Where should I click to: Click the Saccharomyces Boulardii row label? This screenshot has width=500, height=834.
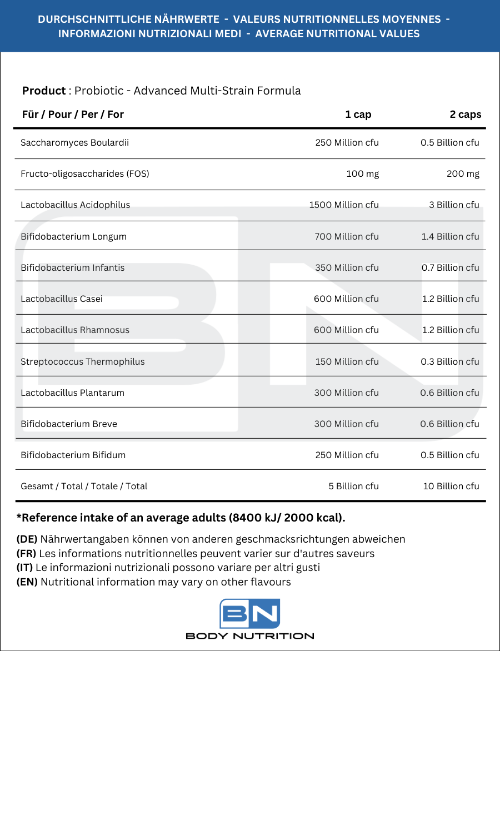(74, 142)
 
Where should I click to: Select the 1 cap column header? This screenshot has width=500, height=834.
(358, 115)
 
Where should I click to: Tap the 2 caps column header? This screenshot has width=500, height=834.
(465, 115)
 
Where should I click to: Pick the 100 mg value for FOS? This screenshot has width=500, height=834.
(362, 173)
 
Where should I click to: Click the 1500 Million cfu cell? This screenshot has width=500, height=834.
(343, 205)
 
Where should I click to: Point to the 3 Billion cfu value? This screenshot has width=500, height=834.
(453, 205)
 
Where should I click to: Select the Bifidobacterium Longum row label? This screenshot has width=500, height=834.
(73, 236)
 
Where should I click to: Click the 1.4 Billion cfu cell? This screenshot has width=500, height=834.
(450, 236)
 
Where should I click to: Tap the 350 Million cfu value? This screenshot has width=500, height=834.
(347, 267)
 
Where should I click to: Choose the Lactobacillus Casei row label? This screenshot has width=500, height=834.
(62, 299)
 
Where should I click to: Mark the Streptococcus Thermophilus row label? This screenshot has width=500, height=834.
(82, 361)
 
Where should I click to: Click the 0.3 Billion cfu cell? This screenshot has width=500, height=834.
(449, 361)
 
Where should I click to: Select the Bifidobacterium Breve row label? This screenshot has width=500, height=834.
(69, 424)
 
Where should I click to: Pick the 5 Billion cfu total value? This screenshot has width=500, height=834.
(353, 486)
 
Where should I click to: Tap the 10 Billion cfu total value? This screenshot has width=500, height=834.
(451, 486)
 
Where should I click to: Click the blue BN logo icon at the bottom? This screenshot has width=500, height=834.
(249, 613)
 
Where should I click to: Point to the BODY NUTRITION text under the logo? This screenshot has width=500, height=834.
(249, 636)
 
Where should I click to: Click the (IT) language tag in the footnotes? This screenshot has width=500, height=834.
(24, 568)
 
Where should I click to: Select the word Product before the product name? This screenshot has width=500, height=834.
(44, 91)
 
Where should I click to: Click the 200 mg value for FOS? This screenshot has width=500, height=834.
(463, 173)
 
